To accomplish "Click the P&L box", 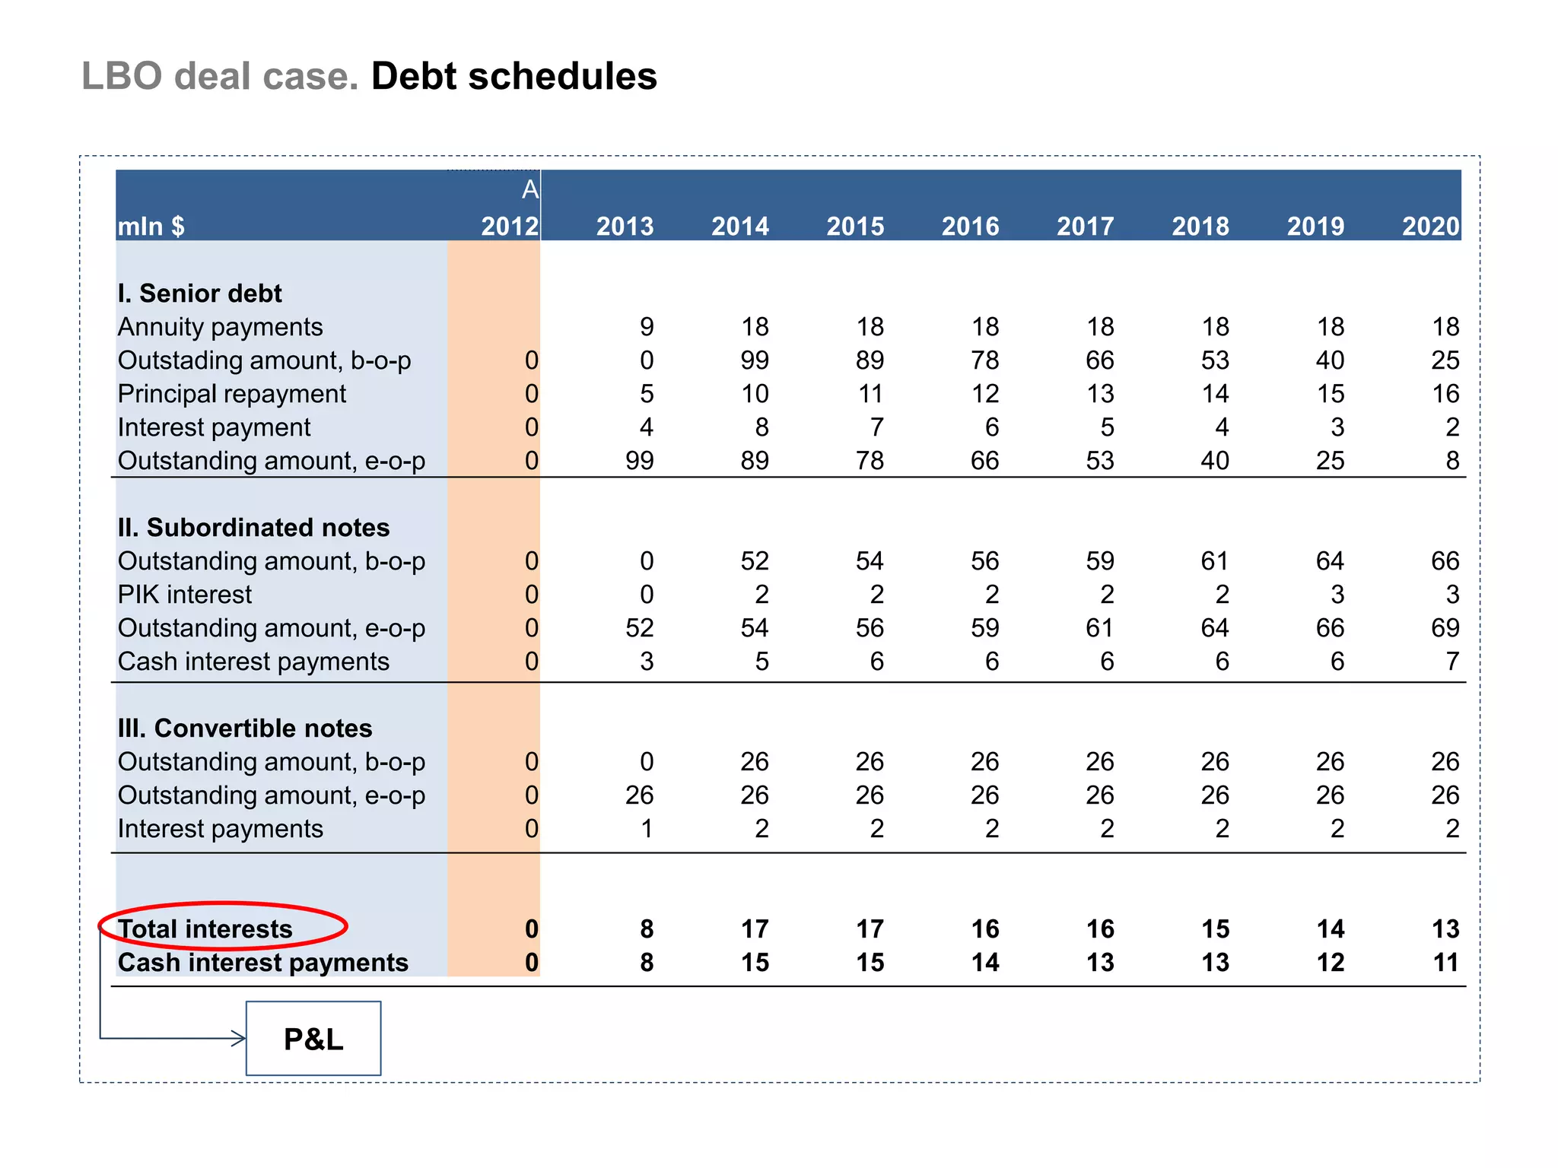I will (x=313, y=1039).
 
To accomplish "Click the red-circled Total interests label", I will (x=205, y=928).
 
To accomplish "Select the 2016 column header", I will (x=970, y=226).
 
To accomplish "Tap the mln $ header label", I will (x=151, y=226).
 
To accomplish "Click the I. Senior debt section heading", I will (x=199, y=294).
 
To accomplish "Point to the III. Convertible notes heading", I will (x=244, y=728).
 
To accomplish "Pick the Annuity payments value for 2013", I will (x=646, y=327).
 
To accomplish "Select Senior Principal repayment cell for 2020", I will (x=1445, y=394).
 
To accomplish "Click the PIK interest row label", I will (x=184, y=595).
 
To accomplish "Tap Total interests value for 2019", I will (x=1330, y=928).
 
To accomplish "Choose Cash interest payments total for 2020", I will (x=1445, y=963).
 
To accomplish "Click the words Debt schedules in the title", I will (x=514, y=77).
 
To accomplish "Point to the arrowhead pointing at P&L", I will (x=239, y=1038).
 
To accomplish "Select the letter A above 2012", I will (x=530, y=189).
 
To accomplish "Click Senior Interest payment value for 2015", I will (x=876, y=427).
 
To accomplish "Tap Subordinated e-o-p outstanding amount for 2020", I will (x=1445, y=628).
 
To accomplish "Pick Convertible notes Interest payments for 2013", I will (x=646, y=829).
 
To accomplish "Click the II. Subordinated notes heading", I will (x=253, y=528).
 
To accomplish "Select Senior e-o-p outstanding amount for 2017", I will (x=1099, y=461).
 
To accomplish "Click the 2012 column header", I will (x=510, y=226).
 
